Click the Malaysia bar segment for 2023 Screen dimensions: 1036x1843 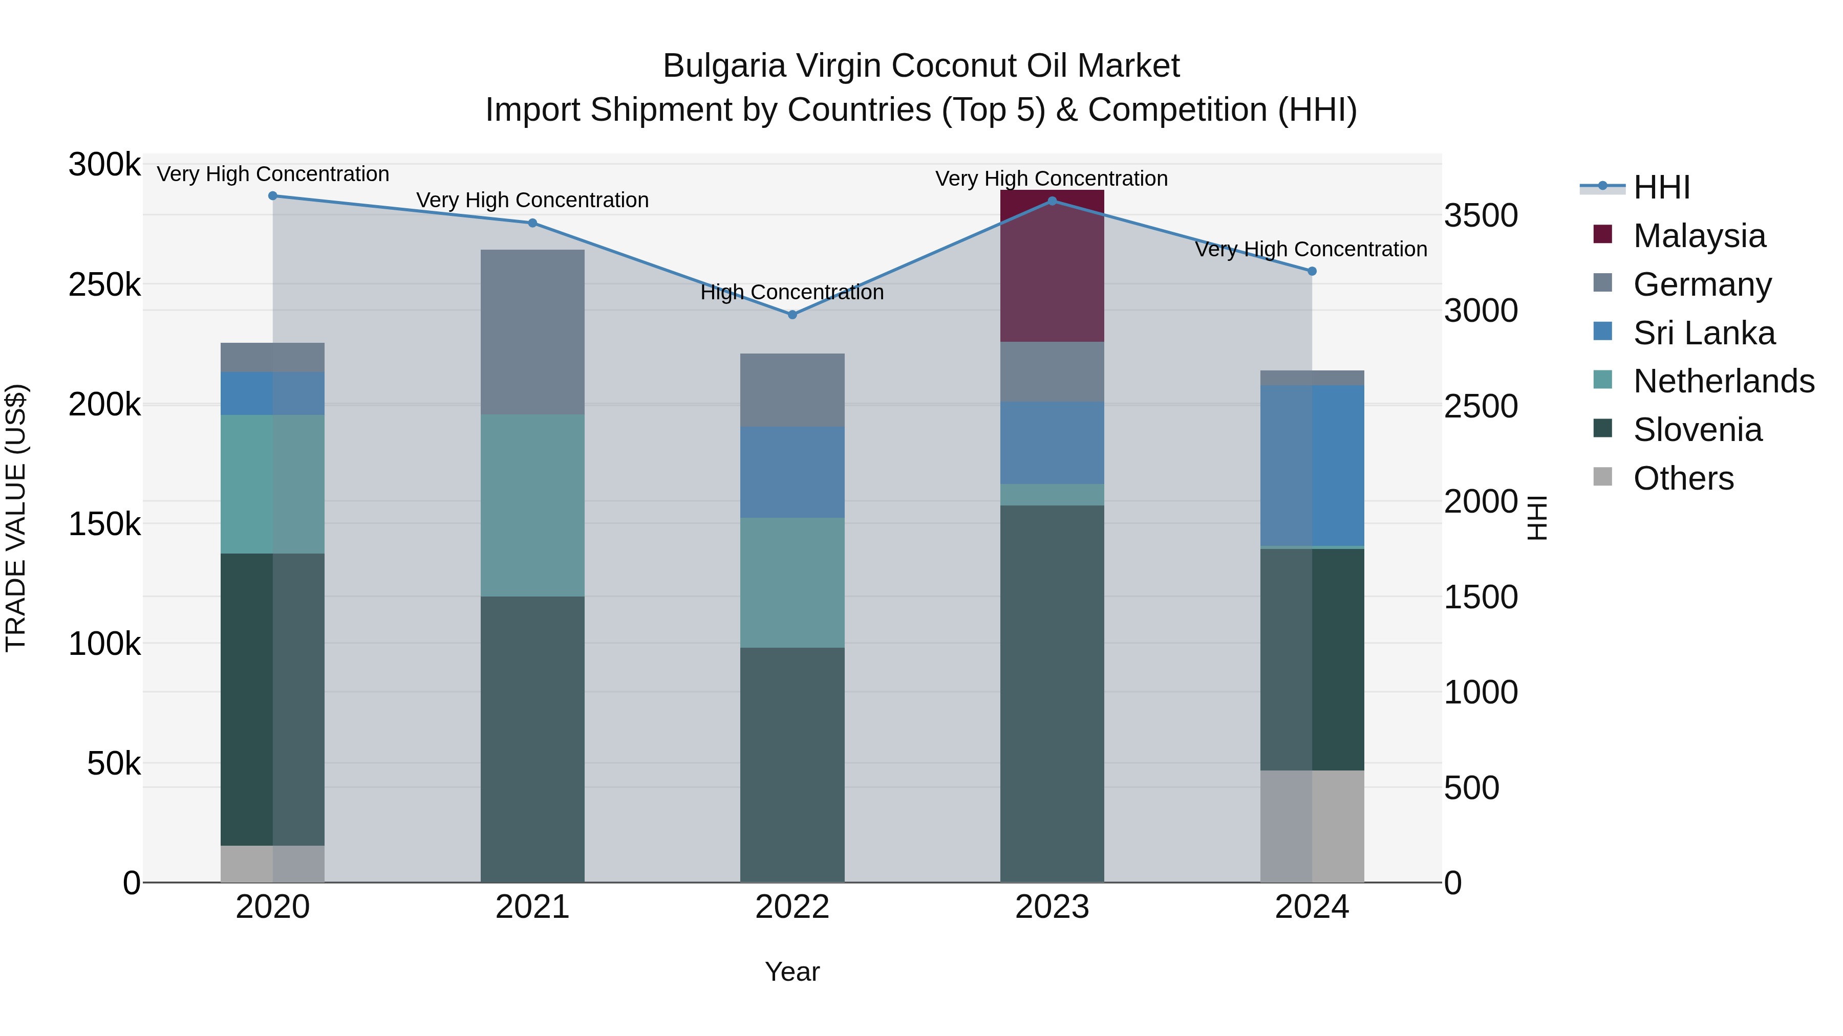pyautogui.click(x=1051, y=272)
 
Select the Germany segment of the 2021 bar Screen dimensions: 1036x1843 pyautogui.click(x=532, y=333)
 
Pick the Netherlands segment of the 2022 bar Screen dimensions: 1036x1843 pyautogui.click(x=792, y=583)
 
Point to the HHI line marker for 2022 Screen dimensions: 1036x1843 pyautogui.click(x=792, y=315)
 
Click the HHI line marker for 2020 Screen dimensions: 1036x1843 pyautogui.click(x=272, y=196)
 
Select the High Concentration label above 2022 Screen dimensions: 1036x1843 pyautogui.click(x=792, y=293)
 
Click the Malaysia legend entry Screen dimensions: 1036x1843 pyautogui.click(x=1699, y=236)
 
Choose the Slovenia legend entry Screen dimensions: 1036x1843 pyautogui.click(x=1697, y=430)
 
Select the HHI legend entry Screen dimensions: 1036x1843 pyautogui.click(x=1661, y=187)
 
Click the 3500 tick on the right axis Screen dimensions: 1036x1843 pyautogui.click(x=1480, y=215)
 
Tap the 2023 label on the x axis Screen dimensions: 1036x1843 pyautogui.click(x=1051, y=907)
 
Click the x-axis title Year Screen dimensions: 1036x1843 pyautogui.click(x=792, y=972)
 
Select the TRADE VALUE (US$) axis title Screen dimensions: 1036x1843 pyautogui.click(x=16, y=518)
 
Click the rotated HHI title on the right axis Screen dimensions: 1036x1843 pyautogui.click(x=1537, y=518)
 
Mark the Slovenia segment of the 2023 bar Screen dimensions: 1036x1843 pyautogui.click(x=1051, y=694)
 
